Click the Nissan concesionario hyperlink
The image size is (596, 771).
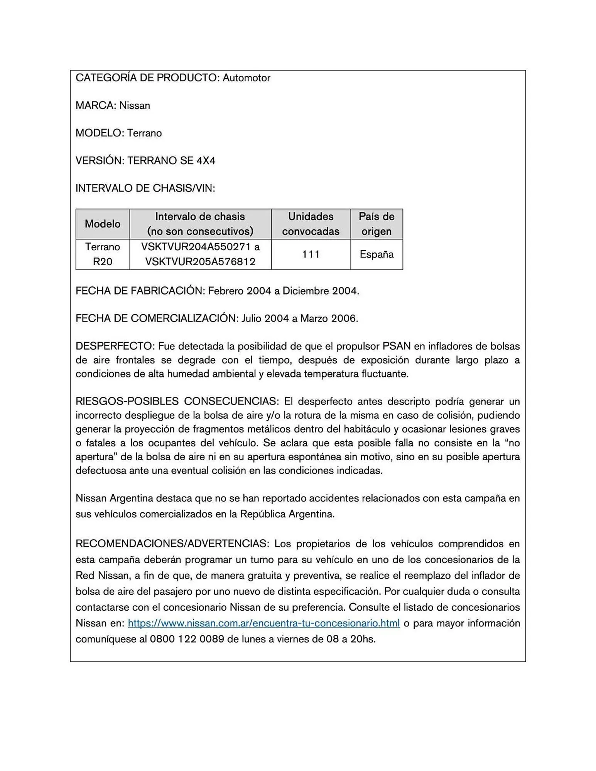click(263, 623)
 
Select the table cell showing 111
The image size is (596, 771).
click(311, 254)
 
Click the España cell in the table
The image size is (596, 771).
click(376, 254)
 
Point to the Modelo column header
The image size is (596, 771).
click(103, 224)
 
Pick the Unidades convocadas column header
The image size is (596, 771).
click(311, 224)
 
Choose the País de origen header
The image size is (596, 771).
click(376, 224)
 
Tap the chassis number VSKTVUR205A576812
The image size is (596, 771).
click(200, 262)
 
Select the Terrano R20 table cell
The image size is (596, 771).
click(103, 254)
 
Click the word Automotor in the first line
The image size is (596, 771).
click(246, 78)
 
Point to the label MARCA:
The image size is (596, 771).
click(96, 105)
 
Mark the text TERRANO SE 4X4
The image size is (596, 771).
click(171, 160)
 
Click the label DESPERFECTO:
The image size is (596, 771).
click(115, 346)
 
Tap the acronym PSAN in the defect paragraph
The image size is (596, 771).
click(397, 346)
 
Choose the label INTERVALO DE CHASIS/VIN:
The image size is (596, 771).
click(145, 188)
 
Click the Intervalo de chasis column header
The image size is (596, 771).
click(200, 224)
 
